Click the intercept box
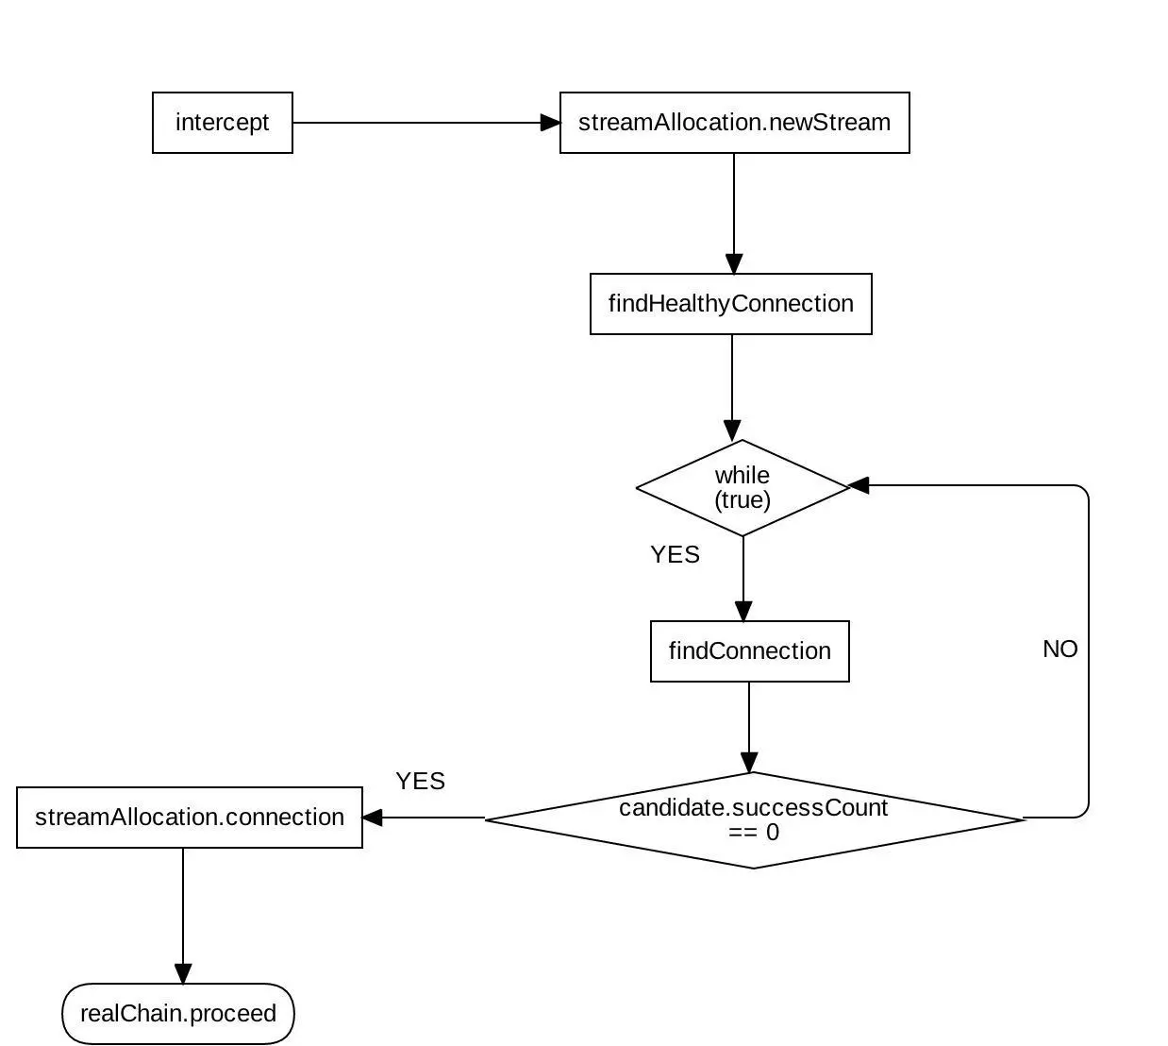click(223, 123)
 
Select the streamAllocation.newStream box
click(734, 123)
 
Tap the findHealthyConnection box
click(730, 304)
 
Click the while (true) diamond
click(743, 488)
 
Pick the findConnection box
click(749, 651)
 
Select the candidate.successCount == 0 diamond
click(753, 819)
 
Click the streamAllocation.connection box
click(190, 818)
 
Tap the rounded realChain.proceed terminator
click(178, 1014)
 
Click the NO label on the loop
click(1060, 650)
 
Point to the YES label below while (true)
click(675, 555)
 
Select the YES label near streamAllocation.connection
click(420, 782)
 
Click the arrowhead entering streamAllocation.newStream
click(550, 123)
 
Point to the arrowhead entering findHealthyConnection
click(734, 263)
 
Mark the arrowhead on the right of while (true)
click(859, 485)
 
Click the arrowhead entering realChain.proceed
click(183, 973)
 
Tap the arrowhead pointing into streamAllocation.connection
click(373, 818)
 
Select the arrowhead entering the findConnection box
click(743, 611)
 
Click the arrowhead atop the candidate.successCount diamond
click(749, 762)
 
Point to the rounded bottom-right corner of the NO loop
click(1084, 812)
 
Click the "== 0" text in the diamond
click(754, 833)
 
